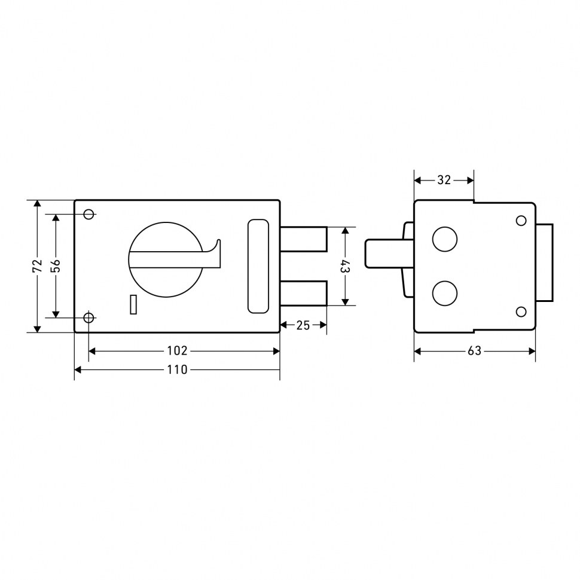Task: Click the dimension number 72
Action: (37, 265)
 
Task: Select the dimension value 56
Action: (55, 265)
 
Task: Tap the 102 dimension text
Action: (177, 350)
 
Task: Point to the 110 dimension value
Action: (177, 370)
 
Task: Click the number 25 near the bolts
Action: (303, 325)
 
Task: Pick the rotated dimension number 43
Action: (345, 266)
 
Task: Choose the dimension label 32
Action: (444, 180)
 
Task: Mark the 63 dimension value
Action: (474, 350)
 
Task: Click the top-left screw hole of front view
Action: (88, 214)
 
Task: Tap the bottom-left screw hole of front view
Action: (88, 318)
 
